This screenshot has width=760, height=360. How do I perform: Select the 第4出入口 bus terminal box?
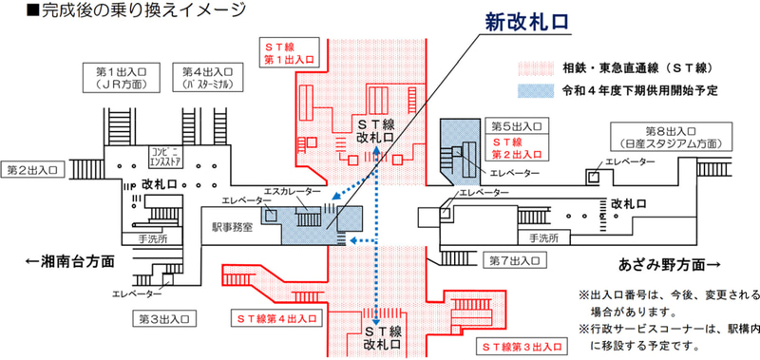(x=202, y=79)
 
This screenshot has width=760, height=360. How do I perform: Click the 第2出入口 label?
(x=33, y=170)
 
